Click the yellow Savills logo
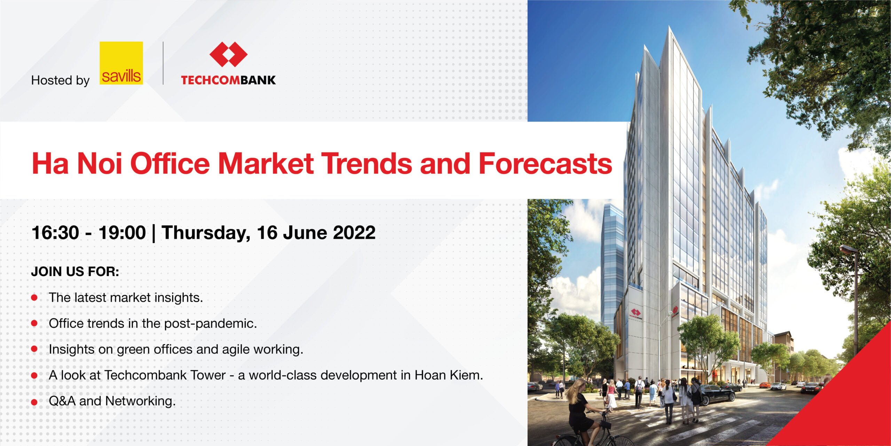[x=121, y=63]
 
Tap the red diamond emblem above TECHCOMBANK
[x=228, y=54]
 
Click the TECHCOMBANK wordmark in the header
[x=228, y=80]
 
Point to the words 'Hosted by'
[x=61, y=80]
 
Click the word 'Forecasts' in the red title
[x=545, y=163]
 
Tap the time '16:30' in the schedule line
[x=55, y=232]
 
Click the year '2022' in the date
[x=354, y=232]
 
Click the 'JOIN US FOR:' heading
[x=75, y=271]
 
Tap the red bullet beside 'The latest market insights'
[x=34, y=298]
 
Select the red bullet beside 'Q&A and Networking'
[x=34, y=402]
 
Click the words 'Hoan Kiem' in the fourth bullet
[x=449, y=375]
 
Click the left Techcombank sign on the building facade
[x=636, y=314]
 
